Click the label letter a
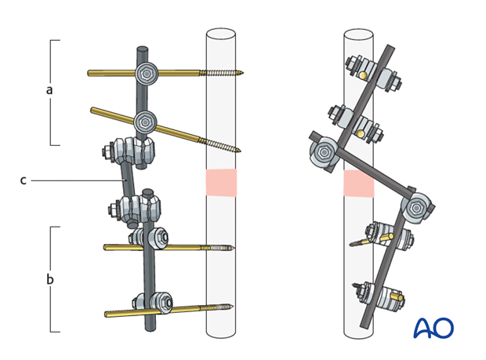point(49,90)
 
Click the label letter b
point(49,278)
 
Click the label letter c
point(24,180)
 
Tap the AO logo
point(433,328)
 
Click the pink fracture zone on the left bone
point(220,182)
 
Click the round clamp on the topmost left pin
point(146,74)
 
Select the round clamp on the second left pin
point(145,122)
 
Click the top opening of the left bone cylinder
point(220,35)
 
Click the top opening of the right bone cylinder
point(358,35)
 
